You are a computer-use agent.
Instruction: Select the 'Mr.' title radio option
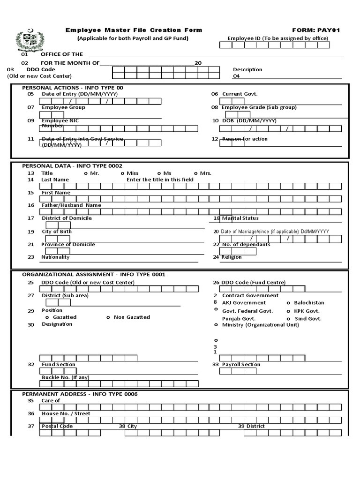[92, 173]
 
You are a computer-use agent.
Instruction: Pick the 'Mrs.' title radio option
[203, 173]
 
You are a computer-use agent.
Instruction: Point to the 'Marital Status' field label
[240, 218]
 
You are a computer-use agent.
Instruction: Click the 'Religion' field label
[232, 257]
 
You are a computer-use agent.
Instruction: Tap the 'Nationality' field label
[55, 257]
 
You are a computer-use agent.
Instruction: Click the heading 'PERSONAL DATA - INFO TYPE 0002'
[72, 166]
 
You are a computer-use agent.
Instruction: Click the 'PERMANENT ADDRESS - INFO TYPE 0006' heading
[80, 394]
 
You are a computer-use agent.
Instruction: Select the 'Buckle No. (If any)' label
[65, 377]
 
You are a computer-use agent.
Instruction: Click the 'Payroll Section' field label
[241, 365]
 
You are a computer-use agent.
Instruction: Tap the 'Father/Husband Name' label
[71, 205]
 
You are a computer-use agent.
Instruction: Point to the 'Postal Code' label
[57, 426]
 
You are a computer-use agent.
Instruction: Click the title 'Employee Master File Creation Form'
[134, 30]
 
